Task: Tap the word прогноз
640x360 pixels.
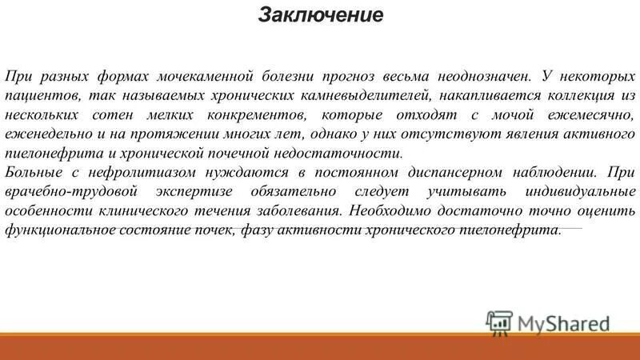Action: [358, 76]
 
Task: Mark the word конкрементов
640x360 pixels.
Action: [246, 114]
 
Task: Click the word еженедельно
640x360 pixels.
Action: [46, 134]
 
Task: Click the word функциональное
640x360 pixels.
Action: [57, 230]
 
